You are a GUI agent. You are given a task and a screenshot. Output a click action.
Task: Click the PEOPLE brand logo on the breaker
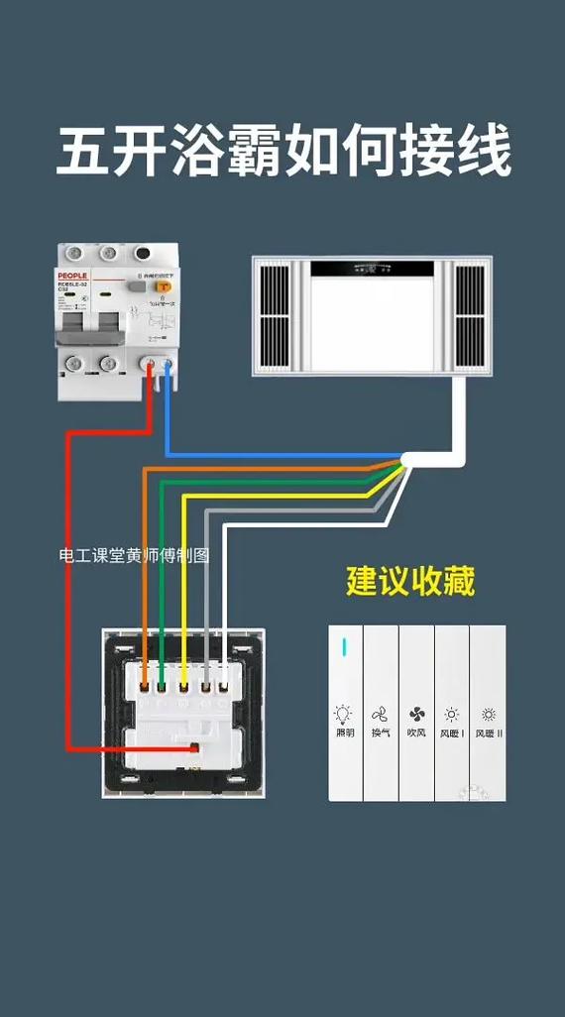click(73, 276)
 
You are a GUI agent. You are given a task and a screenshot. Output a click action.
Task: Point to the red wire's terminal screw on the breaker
click(152, 365)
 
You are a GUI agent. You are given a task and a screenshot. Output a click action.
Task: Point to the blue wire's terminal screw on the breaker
click(168, 365)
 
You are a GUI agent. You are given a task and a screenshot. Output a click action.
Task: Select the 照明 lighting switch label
click(344, 734)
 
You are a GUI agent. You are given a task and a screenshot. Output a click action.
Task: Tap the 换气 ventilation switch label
click(380, 734)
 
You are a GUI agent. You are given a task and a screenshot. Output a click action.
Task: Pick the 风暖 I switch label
click(452, 734)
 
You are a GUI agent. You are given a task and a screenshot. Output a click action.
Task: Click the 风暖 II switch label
click(489, 734)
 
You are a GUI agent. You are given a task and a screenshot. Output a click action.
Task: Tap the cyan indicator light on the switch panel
click(345, 647)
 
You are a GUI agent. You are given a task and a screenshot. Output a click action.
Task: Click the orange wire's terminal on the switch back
click(145, 683)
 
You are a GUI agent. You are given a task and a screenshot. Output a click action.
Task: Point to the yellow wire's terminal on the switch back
click(184, 683)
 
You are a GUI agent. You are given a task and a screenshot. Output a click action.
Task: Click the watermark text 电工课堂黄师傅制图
click(134, 555)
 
